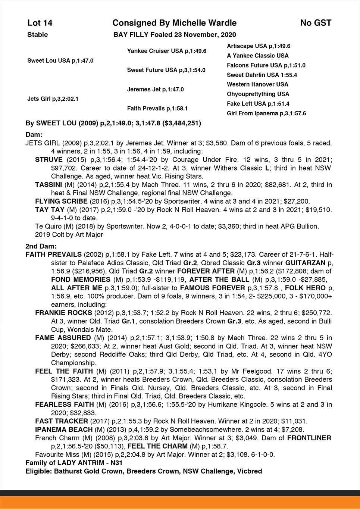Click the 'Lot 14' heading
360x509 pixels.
click(x=40, y=23)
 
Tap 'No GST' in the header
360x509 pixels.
click(x=316, y=23)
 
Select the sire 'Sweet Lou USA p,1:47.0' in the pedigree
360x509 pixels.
click(x=60, y=60)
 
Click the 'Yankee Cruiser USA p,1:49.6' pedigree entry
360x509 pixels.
click(x=167, y=51)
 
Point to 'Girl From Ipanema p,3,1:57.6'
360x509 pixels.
click(x=266, y=113)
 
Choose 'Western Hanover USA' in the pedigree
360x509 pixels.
click(x=257, y=84)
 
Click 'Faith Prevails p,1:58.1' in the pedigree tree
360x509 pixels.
click(x=157, y=109)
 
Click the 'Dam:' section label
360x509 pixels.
click(x=34, y=134)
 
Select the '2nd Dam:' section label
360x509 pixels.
click(x=41, y=246)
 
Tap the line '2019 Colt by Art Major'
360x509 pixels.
click(x=69, y=235)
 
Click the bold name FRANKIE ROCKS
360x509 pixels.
click(x=63, y=313)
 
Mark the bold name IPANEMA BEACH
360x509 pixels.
click(x=64, y=430)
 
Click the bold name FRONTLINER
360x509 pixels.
click(x=309, y=438)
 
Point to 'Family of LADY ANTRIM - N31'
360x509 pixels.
click(x=74, y=463)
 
